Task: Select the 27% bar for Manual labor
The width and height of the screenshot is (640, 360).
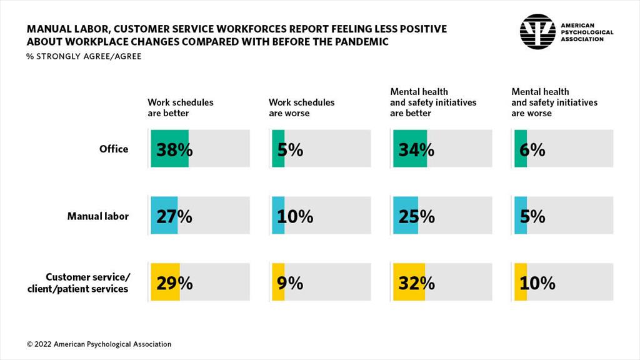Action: pos(164,216)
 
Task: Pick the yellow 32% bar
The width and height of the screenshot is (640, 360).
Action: pos(405,283)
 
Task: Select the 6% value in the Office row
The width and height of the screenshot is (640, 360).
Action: pos(531,149)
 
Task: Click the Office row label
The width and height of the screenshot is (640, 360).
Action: pos(113,149)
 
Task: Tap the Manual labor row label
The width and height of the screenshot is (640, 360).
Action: pos(98,216)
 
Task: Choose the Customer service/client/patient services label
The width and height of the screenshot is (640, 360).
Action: pos(87,283)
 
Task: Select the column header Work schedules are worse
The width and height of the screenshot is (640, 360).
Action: pos(301,107)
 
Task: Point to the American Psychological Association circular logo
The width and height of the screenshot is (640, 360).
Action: pos(537,32)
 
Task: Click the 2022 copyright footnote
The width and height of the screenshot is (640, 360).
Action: pos(99,344)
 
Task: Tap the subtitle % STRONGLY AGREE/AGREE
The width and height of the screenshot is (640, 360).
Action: pos(84,56)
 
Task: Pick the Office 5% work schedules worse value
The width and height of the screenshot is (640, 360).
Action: pos(288,149)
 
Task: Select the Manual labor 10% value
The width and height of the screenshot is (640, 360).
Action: pos(293,216)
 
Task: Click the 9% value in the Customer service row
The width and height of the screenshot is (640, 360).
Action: pos(289,283)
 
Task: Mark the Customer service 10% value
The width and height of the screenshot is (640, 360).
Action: pos(536,283)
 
